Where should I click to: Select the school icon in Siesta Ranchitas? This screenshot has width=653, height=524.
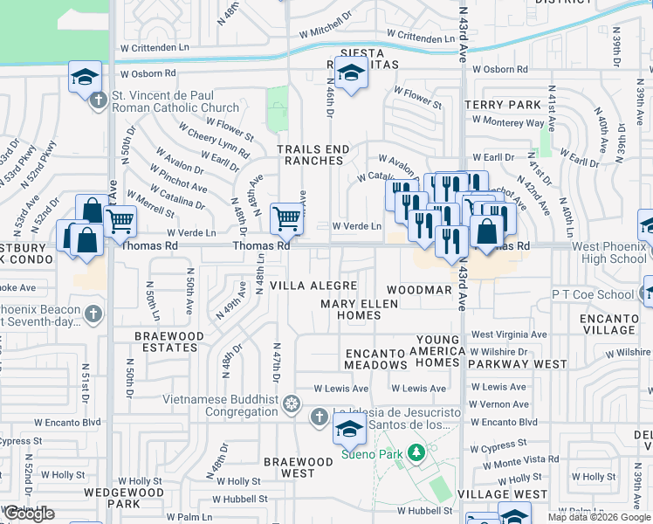tap(350, 73)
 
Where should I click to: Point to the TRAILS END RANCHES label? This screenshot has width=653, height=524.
tap(313, 155)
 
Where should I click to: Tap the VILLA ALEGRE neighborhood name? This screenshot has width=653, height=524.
tap(313, 286)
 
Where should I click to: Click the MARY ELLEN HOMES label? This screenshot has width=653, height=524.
tap(359, 309)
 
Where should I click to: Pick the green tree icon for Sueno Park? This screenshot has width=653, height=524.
tap(417, 452)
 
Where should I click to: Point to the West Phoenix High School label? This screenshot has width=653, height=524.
tap(611, 253)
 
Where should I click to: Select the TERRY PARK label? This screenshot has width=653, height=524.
tap(504, 105)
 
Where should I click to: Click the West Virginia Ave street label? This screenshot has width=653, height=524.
tap(509, 334)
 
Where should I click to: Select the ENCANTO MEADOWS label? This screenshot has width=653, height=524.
tap(375, 359)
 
